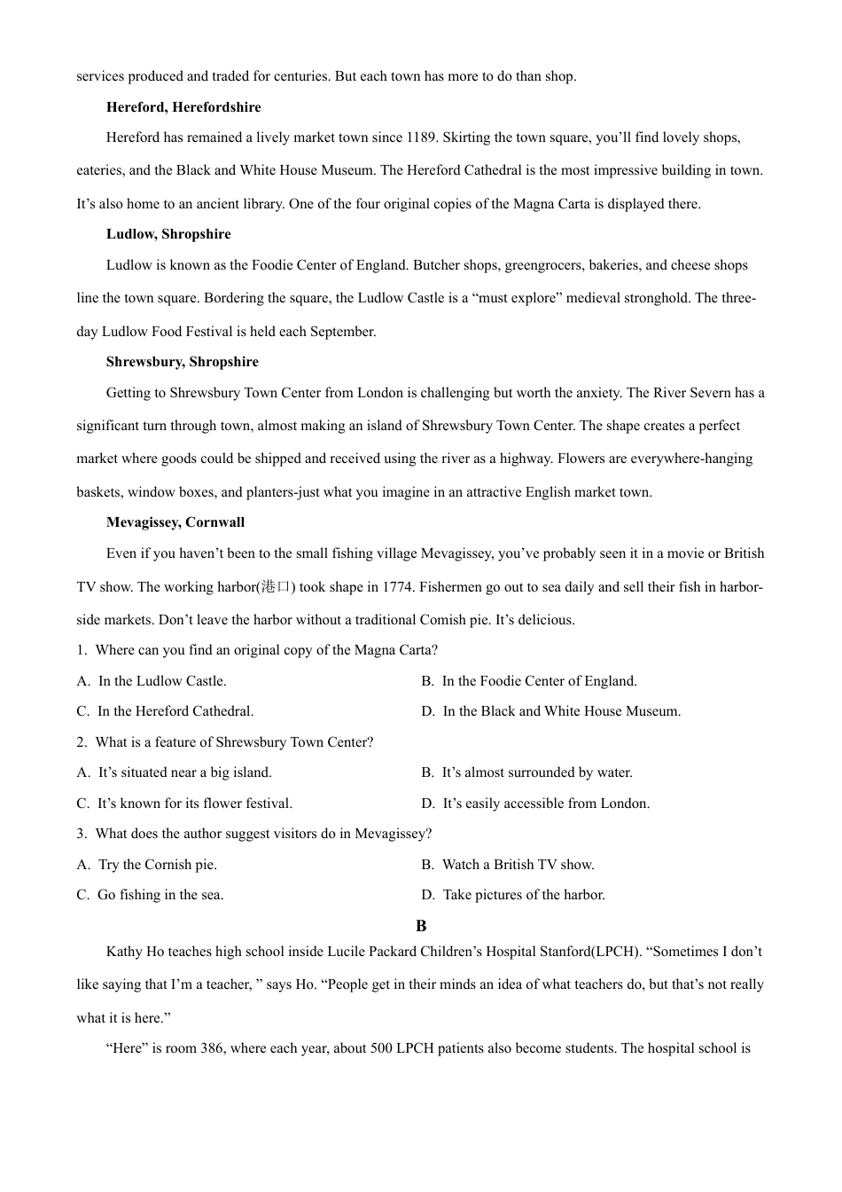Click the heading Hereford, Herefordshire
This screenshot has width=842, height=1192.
[x=183, y=107]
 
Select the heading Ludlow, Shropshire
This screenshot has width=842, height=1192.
[x=168, y=234]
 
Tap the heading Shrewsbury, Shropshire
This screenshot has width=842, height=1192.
[x=183, y=362]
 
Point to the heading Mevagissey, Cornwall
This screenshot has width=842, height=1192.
[x=175, y=522]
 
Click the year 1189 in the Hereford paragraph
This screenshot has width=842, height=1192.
[x=420, y=137]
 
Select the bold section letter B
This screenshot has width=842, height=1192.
[x=421, y=926]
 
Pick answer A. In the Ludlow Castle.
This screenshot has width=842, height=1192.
[x=152, y=681]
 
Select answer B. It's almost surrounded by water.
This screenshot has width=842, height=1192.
[x=526, y=772]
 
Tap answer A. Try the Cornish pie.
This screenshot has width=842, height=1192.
[x=146, y=865]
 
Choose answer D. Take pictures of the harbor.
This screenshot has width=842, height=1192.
[x=513, y=895]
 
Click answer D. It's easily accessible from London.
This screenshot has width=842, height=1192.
[x=535, y=804]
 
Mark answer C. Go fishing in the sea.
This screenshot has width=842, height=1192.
[x=150, y=895]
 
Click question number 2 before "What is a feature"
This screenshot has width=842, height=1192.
[x=82, y=742]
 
